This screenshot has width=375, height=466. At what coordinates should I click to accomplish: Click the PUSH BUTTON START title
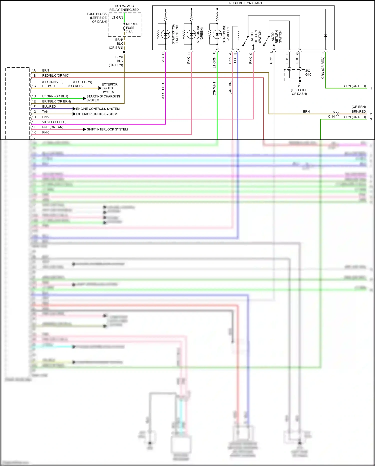(246, 3)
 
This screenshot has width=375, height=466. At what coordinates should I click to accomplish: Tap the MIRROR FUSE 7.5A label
(132, 28)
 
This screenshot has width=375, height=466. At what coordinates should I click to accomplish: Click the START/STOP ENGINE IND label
(175, 34)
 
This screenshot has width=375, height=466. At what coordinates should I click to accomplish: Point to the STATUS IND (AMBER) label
(226, 34)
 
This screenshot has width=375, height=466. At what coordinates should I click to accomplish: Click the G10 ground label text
(299, 90)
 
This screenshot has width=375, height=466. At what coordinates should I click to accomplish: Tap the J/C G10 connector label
(308, 73)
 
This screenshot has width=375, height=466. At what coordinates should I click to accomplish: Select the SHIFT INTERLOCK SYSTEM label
(107, 129)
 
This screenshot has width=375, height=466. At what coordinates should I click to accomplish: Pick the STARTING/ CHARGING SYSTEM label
(103, 98)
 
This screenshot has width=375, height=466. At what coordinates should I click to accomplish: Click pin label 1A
(34, 70)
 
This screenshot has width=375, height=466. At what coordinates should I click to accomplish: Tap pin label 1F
(34, 106)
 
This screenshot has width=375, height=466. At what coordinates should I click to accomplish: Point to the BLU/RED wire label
(49, 106)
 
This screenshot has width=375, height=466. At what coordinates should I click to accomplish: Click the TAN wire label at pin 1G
(45, 112)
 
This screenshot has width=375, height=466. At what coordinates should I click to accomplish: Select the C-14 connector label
(331, 117)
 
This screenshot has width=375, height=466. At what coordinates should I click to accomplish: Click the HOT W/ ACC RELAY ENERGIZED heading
(124, 8)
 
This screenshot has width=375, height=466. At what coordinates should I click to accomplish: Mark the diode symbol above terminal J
(325, 36)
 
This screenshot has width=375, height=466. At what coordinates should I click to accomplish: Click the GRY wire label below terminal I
(271, 60)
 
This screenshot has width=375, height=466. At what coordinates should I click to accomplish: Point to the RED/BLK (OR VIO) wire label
(56, 76)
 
